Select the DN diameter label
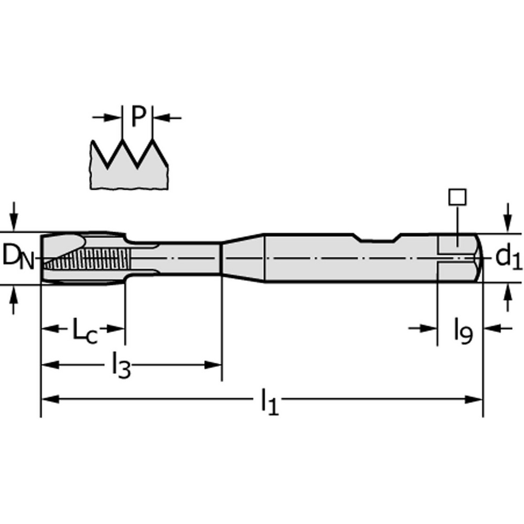19,257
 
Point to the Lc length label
84,331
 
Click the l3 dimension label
121,365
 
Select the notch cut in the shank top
377,238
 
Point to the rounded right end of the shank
478,258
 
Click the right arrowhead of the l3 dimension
215,365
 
